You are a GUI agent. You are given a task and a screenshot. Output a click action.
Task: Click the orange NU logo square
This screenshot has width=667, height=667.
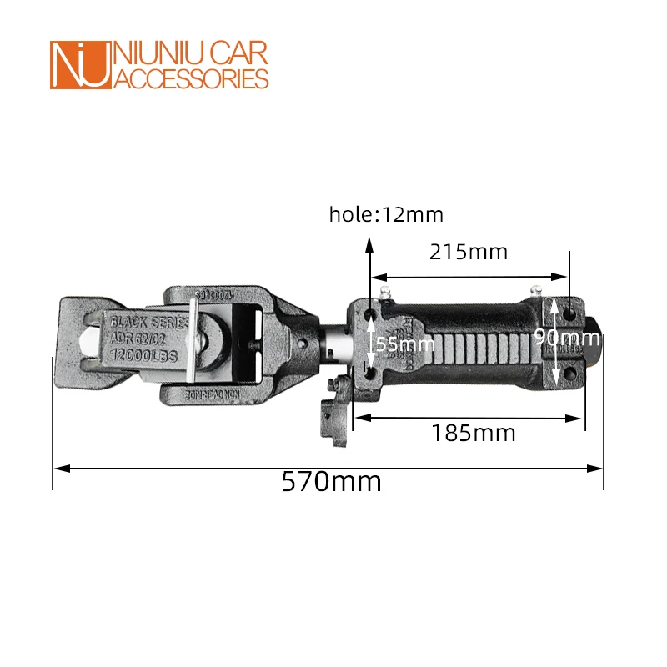[80, 65]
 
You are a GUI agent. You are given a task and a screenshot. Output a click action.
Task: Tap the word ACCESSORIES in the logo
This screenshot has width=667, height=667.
[190, 78]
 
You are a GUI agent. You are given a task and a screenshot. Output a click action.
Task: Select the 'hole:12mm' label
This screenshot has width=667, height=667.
[386, 214]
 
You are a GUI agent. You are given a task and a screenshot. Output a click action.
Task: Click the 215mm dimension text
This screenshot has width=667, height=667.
[469, 251]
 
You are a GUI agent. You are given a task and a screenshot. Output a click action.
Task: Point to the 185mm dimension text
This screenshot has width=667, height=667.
[474, 433]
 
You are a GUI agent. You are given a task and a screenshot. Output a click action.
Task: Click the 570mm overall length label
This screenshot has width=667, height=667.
[331, 481]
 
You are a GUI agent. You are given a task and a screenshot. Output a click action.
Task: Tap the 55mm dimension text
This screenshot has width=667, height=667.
[404, 343]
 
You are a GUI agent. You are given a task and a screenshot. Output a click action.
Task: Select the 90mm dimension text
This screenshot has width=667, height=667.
[566, 338]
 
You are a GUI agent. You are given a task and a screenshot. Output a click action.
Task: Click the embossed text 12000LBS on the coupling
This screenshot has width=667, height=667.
[143, 355]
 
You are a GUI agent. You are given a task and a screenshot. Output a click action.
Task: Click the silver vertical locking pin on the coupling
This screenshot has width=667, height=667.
[193, 346]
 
